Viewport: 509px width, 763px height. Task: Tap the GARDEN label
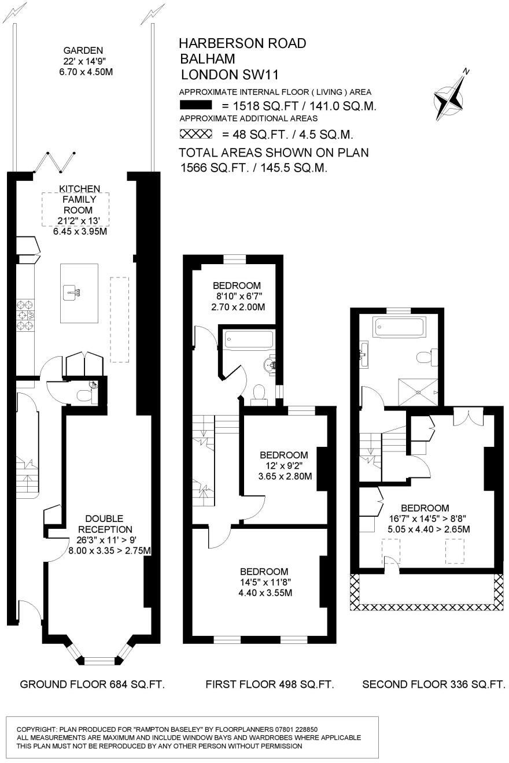(x=83, y=50)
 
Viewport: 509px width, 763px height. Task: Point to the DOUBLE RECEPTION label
(x=105, y=524)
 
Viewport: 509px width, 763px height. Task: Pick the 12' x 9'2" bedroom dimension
(x=283, y=466)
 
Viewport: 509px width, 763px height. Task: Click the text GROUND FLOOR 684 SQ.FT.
(x=93, y=685)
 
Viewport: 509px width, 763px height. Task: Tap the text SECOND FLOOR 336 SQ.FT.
(x=434, y=685)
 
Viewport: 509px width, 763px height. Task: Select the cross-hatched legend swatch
(x=197, y=134)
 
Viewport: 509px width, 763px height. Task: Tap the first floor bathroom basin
(x=270, y=365)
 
